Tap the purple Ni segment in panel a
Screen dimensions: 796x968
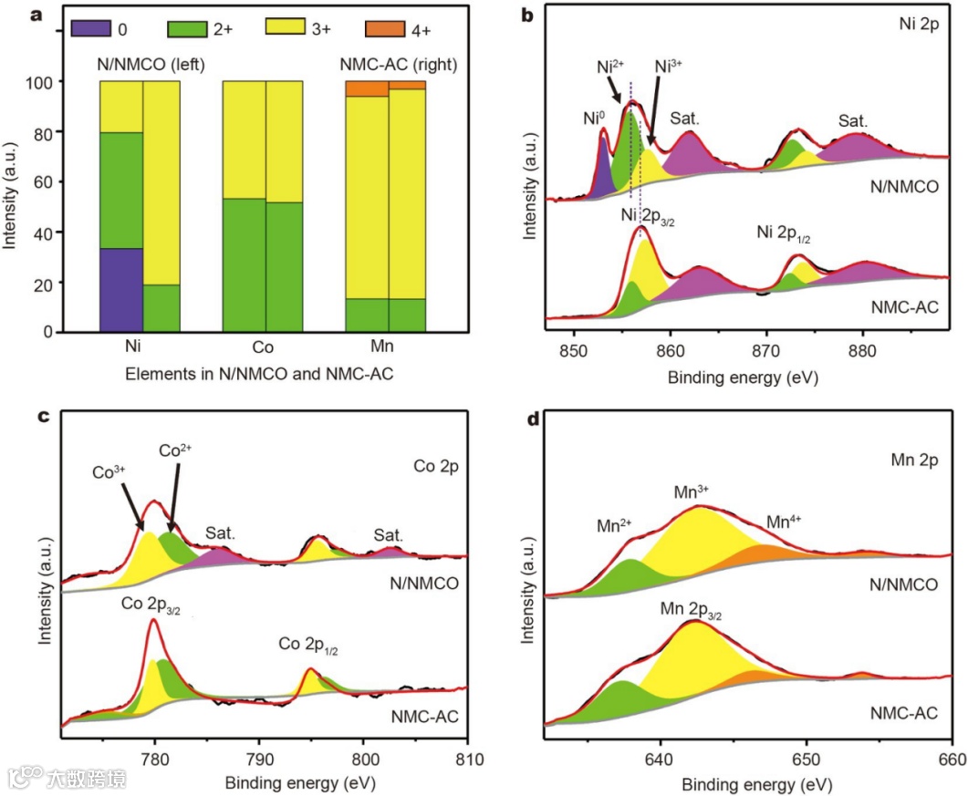pos(120,290)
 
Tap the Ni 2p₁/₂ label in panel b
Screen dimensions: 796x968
pos(784,233)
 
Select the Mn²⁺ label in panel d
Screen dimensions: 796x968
pos(614,527)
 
